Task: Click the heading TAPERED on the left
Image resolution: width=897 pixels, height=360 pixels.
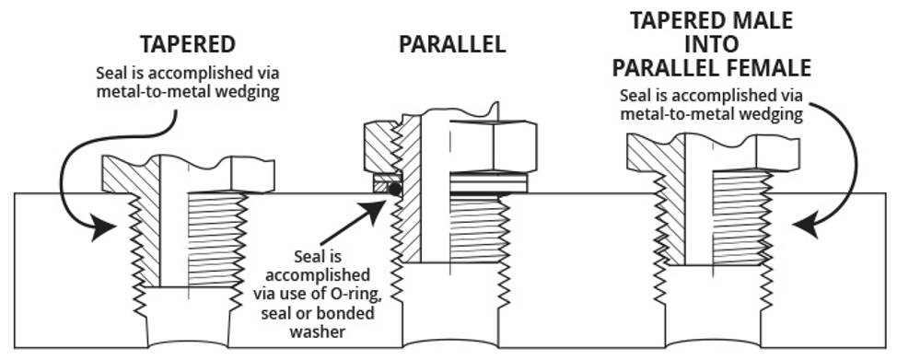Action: coord(188,44)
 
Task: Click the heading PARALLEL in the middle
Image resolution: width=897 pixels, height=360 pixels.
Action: coord(452,44)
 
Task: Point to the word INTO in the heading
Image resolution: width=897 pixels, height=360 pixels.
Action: coord(712,44)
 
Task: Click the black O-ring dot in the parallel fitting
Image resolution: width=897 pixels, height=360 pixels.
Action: coord(395,189)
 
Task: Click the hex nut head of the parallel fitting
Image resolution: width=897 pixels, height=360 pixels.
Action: coord(493,146)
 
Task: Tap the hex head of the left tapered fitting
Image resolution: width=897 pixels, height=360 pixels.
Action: coord(252,175)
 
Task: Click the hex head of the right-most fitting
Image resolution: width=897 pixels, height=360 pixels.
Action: coord(777,154)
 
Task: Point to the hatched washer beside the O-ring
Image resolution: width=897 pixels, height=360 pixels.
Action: coord(380,183)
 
